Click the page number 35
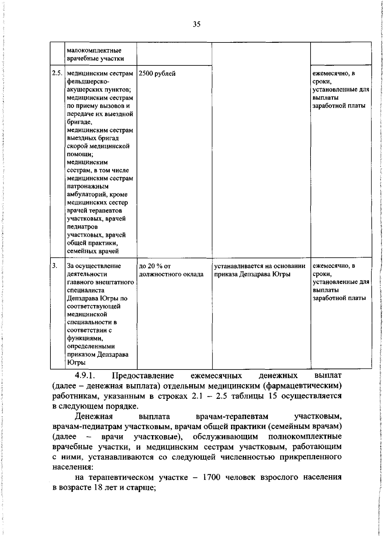[x=197, y=24]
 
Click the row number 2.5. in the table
[x=57, y=73]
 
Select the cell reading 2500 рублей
[x=157, y=74]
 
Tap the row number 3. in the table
[x=55, y=265]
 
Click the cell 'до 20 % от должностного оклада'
[x=171, y=270]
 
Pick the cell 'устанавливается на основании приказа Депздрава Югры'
[x=260, y=270]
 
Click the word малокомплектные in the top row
[x=94, y=50]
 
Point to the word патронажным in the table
[x=88, y=186]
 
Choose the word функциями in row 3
[x=85, y=338]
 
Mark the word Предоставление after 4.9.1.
[x=143, y=376]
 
